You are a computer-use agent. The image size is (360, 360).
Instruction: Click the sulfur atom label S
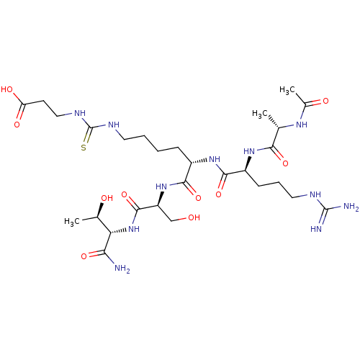click(x=84, y=148)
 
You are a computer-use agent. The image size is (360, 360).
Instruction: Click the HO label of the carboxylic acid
click(x=7, y=89)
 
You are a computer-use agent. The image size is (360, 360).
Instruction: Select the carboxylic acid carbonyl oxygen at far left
click(x=17, y=125)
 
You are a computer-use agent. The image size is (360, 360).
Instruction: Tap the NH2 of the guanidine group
click(x=351, y=207)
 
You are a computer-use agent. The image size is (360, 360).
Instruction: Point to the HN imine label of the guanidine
click(x=316, y=229)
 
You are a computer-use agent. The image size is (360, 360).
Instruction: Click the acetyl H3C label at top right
click(x=287, y=90)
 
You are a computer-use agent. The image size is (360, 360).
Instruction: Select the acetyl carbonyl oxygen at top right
click(x=325, y=101)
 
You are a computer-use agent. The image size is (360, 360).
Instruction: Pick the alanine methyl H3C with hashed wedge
click(x=260, y=114)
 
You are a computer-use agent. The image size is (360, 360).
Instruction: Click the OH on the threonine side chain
click(x=107, y=198)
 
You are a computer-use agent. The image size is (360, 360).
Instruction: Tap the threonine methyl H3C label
click(x=72, y=221)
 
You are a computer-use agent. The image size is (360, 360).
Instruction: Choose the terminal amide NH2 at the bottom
click(x=122, y=268)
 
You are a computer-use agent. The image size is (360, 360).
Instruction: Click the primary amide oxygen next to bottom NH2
click(x=84, y=256)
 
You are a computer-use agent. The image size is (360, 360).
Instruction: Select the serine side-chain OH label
click(x=194, y=217)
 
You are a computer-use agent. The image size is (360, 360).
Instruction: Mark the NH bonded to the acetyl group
click(x=302, y=125)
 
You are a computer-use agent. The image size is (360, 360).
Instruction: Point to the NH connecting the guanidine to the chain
click(x=315, y=194)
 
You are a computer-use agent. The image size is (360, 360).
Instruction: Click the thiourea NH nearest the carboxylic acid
click(x=80, y=113)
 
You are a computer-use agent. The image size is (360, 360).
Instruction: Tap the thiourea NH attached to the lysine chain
click(x=114, y=125)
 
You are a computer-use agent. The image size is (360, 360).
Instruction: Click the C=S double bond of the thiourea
click(x=88, y=135)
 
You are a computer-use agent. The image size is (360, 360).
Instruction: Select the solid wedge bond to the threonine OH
click(x=99, y=210)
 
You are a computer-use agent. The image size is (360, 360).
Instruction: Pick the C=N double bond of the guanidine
click(x=323, y=217)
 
